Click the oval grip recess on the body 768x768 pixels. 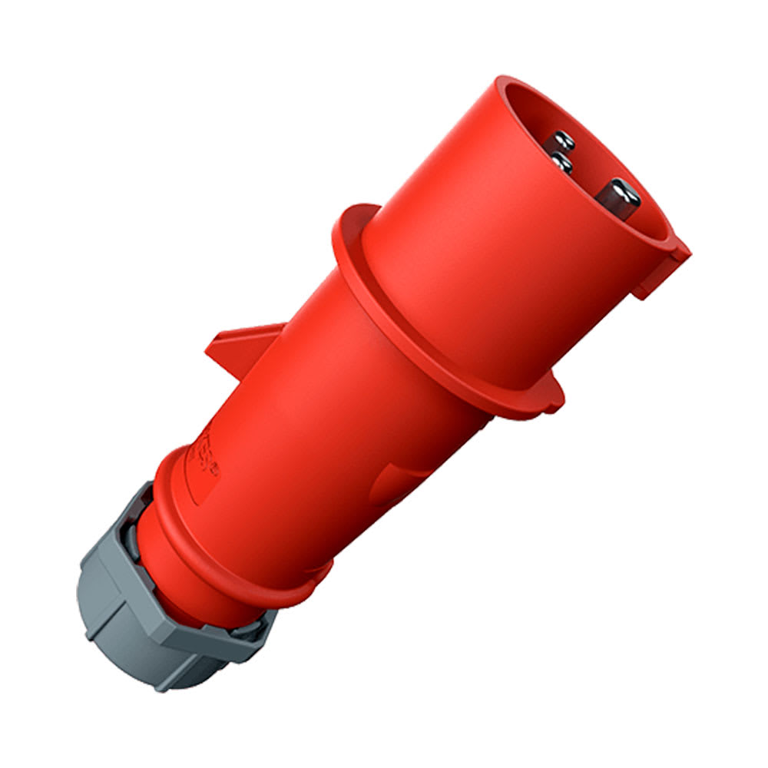(x=399, y=484)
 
